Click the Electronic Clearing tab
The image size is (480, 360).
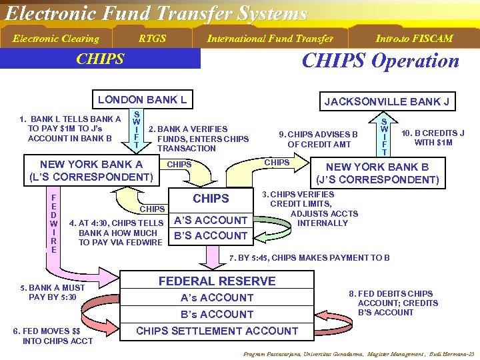(56, 39)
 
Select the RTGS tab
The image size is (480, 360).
(152, 39)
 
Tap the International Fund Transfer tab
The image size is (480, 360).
(269, 39)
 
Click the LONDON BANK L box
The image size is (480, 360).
(142, 100)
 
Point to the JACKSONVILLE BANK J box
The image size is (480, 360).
(386, 101)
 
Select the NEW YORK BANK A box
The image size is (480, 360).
(91, 171)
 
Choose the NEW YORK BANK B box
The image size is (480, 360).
(377, 173)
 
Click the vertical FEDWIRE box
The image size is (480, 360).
(53, 223)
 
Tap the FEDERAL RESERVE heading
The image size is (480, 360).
(217, 281)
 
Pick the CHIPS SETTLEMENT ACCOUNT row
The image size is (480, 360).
(217, 331)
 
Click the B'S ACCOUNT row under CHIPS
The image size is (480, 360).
(210, 235)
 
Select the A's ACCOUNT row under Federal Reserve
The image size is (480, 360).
(217, 297)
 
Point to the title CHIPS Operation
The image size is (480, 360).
(380, 61)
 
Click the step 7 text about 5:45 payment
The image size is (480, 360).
(309, 258)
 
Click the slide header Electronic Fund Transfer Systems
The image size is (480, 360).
(156, 13)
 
